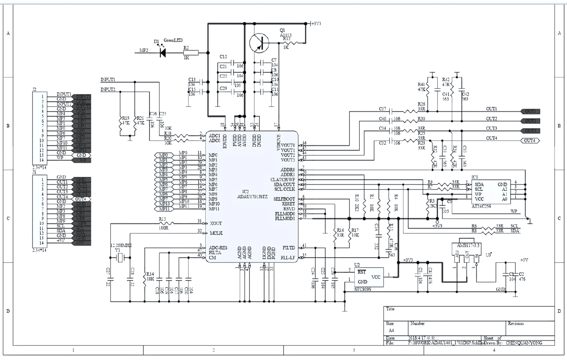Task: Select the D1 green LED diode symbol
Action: coord(162,52)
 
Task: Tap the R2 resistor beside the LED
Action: coord(191,53)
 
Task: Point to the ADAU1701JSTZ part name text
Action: coord(252,196)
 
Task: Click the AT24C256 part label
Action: coord(481,206)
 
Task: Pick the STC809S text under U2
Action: coord(362,289)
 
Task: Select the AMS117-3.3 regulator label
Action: coord(466,245)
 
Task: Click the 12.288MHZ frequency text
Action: coord(121,245)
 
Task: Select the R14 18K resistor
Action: coord(145,276)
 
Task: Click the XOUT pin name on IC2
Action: coord(216,224)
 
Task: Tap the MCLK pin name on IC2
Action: coord(216,233)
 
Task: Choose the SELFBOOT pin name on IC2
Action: coord(284,199)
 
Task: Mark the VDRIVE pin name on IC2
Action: coord(279,142)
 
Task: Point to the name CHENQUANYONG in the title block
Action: coord(524,343)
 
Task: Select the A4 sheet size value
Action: coord(391,331)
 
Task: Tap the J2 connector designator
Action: coord(34,89)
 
